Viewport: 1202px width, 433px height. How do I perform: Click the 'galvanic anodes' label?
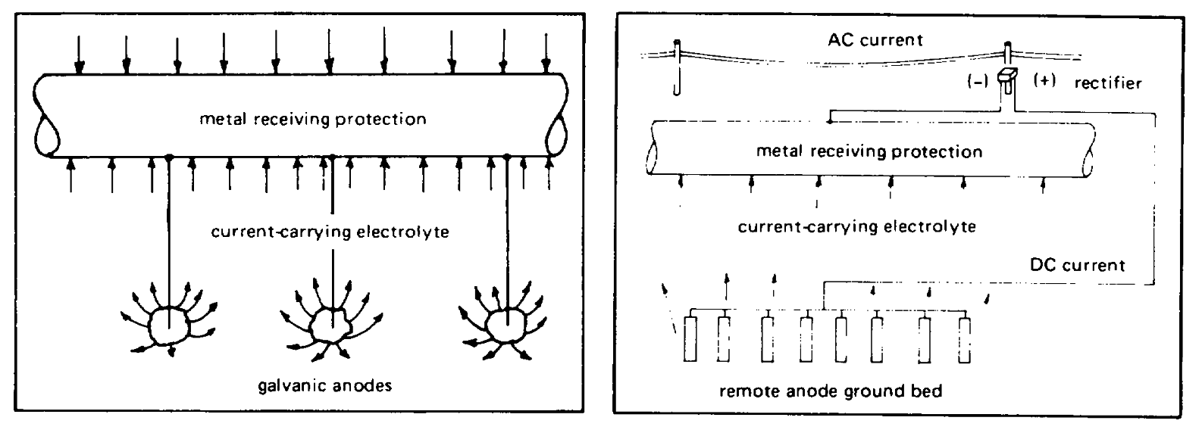pos(325,386)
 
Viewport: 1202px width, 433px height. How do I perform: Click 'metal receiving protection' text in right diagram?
pos(869,151)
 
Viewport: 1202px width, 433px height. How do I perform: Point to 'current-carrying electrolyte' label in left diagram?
pos(330,232)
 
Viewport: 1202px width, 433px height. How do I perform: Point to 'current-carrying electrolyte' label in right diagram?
pos(856,226)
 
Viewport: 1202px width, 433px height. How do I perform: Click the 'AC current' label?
pos(876,39)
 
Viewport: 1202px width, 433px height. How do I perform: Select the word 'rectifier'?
pos(1107,83)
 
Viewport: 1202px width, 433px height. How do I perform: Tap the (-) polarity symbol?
pos(975,81)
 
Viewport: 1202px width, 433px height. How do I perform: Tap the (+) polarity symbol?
pos(1044,81)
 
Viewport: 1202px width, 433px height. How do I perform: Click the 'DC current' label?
pos(1077,265)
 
